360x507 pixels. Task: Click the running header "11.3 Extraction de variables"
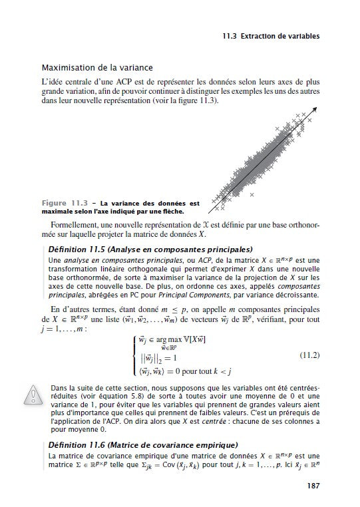point(271,35)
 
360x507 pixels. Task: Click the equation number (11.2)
point(305,353)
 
